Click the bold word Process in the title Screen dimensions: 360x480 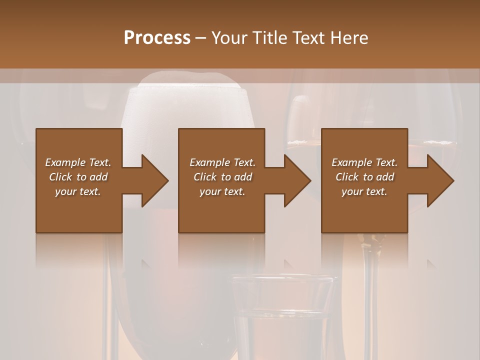click(157, 38)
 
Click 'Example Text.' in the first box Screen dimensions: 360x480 click(78, 162)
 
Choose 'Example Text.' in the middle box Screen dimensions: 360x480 click(222, 162)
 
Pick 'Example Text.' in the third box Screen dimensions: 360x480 click(364, 162)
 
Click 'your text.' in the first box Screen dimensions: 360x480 click(78, 191)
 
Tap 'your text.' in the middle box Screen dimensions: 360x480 click(222, 191)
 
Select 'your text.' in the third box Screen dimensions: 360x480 click(364, 191)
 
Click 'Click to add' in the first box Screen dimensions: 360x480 click(78, 177)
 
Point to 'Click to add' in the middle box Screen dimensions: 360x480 click(222, 177)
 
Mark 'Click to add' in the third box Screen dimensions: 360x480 click(364, 177)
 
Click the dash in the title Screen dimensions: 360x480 click(200, 38)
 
